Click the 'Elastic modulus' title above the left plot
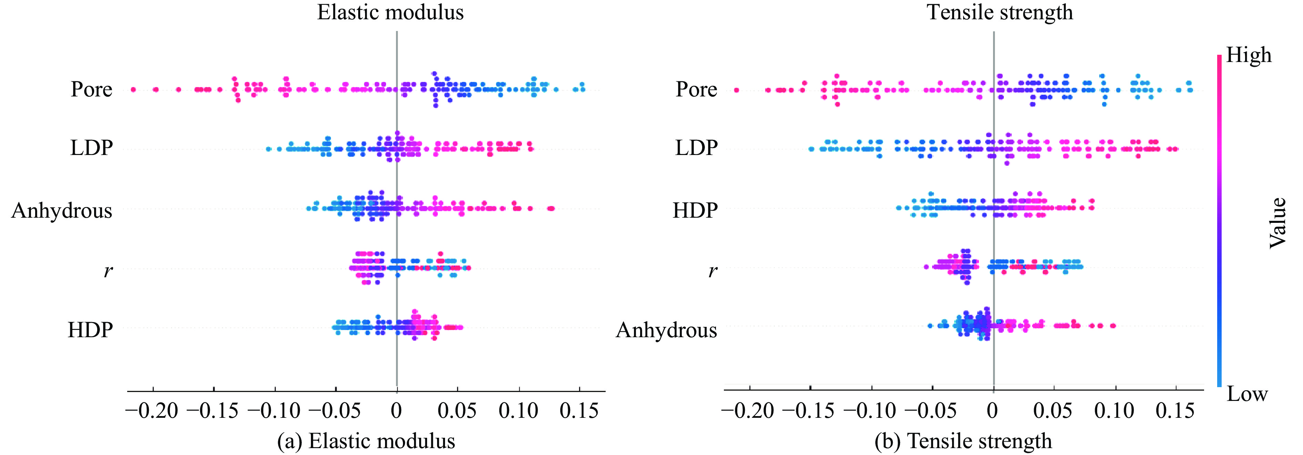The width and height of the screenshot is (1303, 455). click(x=390, y=12)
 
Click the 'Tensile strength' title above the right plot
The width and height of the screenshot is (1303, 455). click(x=1000, y=12)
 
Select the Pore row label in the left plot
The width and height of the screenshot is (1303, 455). click(x=92, y=90)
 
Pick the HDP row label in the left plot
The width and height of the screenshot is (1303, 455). click(x=90, y=330)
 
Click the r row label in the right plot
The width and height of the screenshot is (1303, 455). click(x=712, y=271)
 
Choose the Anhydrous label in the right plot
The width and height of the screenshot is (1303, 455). click(x=666, y=330)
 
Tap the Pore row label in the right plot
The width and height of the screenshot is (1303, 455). click(x=697, y=90)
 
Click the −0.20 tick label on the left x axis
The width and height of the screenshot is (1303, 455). click(x=152, y=411)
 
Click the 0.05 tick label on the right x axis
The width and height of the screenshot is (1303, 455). click(x=1053, y=411)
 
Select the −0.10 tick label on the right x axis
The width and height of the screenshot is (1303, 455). click(x=870, y=411)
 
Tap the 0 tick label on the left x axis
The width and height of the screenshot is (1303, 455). click(x=396, y=411)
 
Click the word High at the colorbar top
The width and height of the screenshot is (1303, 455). click(x=1249, y=55)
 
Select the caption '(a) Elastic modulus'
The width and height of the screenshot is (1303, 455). click(x=366, y=441)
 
